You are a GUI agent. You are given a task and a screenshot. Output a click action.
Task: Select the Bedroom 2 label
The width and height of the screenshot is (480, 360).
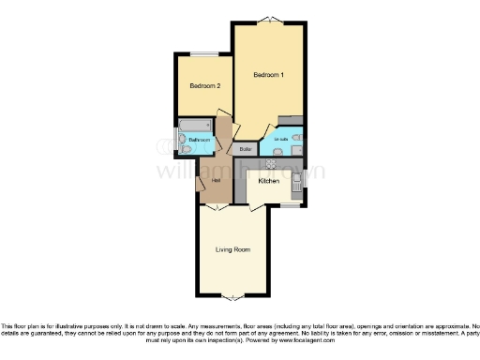click(x=204, y=85)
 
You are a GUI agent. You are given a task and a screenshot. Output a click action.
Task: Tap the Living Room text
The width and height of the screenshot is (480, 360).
click(x=232, y=249)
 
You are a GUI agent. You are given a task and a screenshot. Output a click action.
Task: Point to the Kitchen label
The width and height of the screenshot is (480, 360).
click(x=269, y=181)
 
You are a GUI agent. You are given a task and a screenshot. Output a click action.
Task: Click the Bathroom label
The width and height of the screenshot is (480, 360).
click(x=199, y=141)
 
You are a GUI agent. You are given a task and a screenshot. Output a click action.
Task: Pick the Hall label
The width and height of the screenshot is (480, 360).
click(x=216, y=179)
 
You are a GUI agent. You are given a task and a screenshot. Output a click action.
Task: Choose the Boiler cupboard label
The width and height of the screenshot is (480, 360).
click(x=246, y=149)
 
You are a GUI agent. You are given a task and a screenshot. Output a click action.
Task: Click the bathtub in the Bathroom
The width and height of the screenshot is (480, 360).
click(x=198, y=126)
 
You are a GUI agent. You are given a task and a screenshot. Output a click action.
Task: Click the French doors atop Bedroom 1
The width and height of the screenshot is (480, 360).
click(x=268, y=20)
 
